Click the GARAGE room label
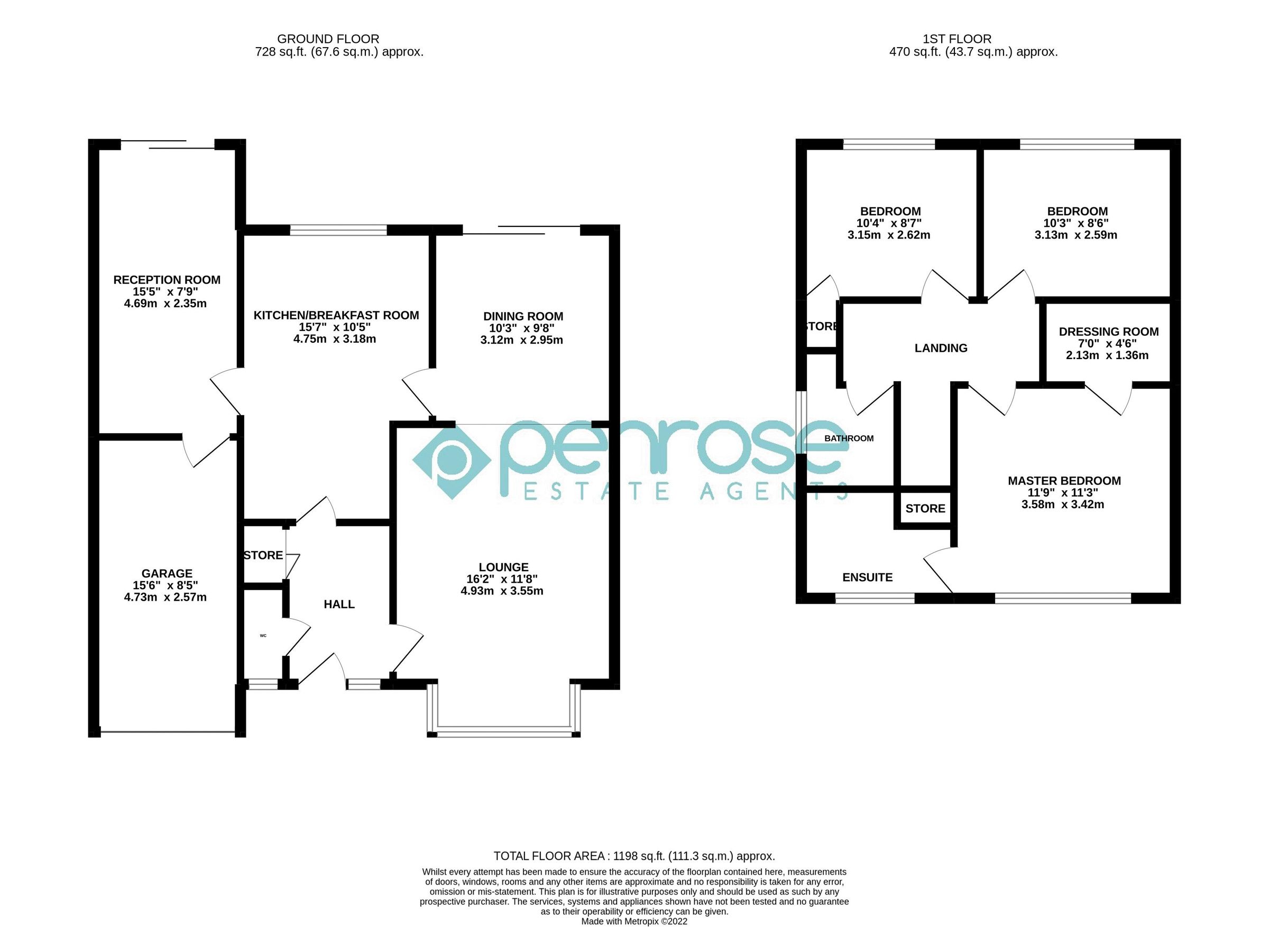(x=167, y=573)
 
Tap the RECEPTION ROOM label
(x=167, y=279)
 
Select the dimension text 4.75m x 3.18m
(x=334, y=339)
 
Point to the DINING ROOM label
(x=523, y=316)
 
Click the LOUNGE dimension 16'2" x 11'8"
(x=503, y=579)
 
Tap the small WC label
(x=263, y=636)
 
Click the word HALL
(x=339, y=604)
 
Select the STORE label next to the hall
(x=263, y=556)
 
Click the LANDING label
(x=941, y=348)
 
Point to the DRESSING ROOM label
(x=1109, y=332)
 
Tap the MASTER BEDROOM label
(x=1064, y=481)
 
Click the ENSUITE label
(x=867, y=577)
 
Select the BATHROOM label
(x=849, y=438)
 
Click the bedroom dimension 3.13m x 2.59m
(x=1076, y=235)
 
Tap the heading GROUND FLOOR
(x=328, y=39)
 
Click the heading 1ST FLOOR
(x=957, y=39)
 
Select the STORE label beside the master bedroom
(x=925, y=508)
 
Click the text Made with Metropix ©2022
(x=634, y=921)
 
